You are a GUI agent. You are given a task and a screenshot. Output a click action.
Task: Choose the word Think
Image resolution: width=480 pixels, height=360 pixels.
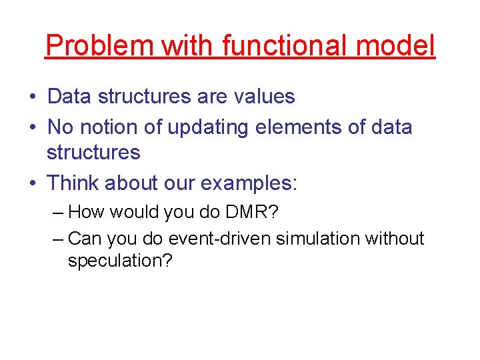coord(77,182)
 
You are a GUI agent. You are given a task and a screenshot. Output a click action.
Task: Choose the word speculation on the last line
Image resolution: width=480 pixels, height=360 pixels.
coord(119,261)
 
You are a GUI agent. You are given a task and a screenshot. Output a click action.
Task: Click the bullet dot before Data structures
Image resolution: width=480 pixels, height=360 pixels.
coord(33,97)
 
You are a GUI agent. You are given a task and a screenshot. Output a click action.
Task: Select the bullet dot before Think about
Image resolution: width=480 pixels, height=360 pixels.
coord(33,183)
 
